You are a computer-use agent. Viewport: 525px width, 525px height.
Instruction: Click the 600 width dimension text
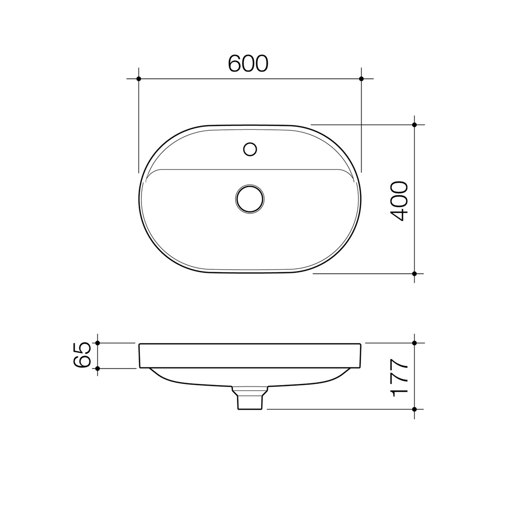pyautogui.click(x=248, y=64)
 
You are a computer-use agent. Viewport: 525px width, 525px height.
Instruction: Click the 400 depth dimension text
pyautogui.click(x=399, y=201)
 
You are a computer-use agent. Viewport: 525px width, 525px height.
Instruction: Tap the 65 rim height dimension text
pyautogui.click(x=82, y=355)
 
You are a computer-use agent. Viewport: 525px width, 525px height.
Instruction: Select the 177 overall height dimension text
pyautogui.click(x=399, y=378)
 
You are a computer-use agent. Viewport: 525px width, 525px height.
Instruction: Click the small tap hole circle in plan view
pyautogui.click(x=250, y=149)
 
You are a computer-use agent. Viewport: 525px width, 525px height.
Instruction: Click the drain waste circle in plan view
pyautogui.click(x=250, y=199)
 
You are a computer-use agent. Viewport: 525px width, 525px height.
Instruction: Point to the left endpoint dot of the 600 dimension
pyautogui.click(x=139, y=79)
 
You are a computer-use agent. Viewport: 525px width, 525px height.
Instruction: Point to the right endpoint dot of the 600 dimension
pyautogui.click(x=361, y=79)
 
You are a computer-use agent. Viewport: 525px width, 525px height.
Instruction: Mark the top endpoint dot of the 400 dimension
pyautogui.click(x=414, y=125)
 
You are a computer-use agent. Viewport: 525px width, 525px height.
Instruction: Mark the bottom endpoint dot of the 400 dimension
pyautogui.click(x=414, y=274)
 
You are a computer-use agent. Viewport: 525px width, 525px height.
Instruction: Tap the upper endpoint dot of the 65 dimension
pyautogui.click(x=98, y=343)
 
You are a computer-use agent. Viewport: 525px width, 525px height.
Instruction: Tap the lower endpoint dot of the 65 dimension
pyautogui.click(x=98, y=368)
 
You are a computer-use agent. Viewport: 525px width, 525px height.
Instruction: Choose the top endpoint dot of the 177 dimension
pyautogui.click(x=414, y=343)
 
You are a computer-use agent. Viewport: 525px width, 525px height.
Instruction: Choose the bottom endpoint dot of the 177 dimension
pyautogui.click(x=414, y=409)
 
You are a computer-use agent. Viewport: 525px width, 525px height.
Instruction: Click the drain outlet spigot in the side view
pyautogui.click(x=250, y=402)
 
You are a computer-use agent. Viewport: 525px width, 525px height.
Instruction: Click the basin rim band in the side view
pyautogui.click(x=250, y=356)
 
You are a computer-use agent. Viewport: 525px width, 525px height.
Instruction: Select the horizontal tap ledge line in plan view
pyautogui.click(x=250, y=169)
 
